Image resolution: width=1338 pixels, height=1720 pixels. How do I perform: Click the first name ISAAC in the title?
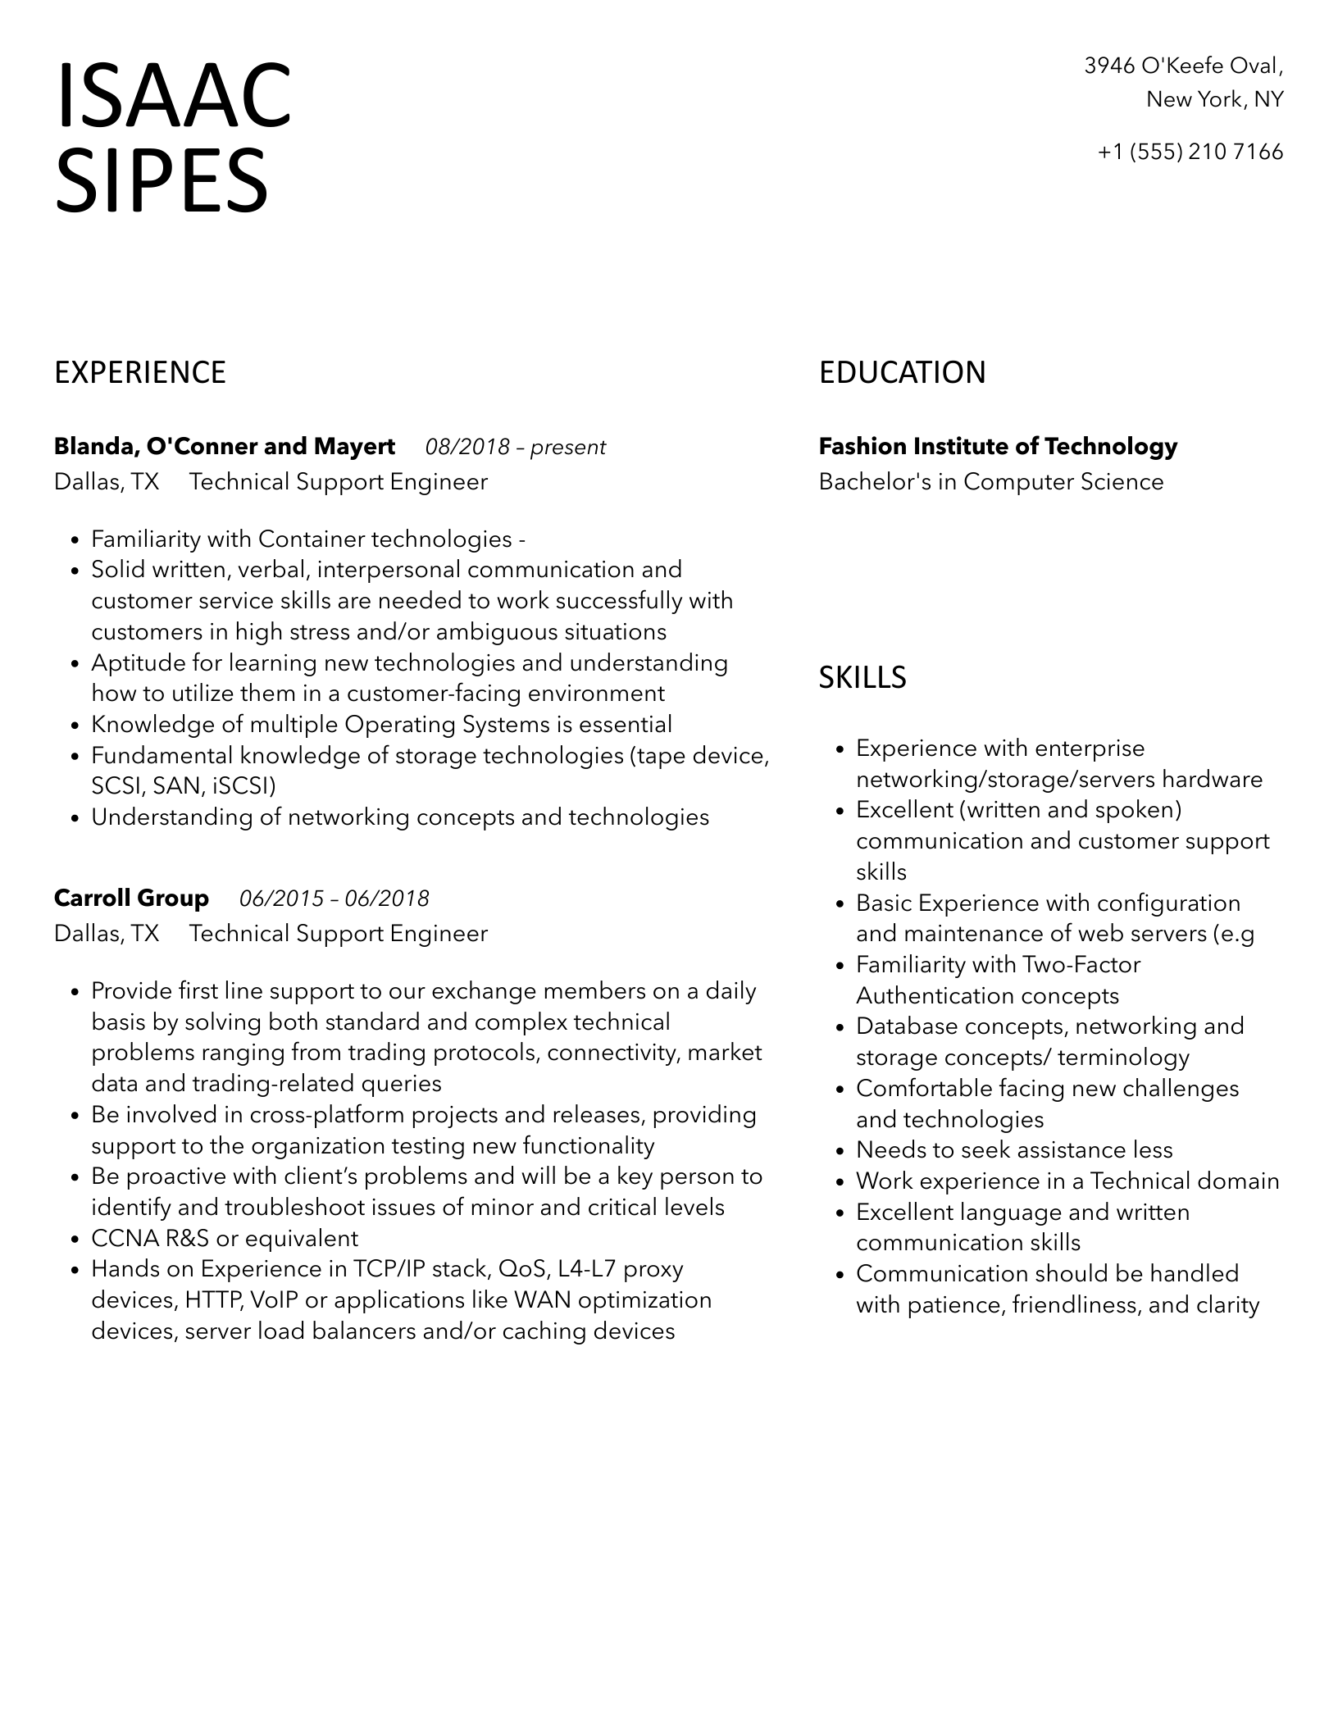tap(173, 97)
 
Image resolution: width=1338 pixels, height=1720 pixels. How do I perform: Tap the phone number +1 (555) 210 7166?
tap(1190, 152)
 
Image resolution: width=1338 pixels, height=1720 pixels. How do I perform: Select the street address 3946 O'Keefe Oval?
tap(1183, 66)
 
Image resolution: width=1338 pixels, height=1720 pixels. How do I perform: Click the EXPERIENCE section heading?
tap(140, 373)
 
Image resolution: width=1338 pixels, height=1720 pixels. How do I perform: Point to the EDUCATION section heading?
tap(902, 373)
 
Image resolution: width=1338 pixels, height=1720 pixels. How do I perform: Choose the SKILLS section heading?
tap(862, 678)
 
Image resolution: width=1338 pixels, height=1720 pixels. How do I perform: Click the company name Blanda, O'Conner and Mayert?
tap(225, 447)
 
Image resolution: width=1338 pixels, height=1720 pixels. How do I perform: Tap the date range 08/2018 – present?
tap(515, 448)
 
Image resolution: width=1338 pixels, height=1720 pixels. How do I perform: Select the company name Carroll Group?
tap(131, 899)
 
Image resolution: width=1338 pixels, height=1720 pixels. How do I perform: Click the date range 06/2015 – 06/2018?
tap(334, 899)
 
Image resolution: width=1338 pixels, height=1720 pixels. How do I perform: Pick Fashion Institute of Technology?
tap(998, 447)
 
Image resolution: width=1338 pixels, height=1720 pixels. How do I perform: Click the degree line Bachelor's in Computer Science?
tap(991, 482)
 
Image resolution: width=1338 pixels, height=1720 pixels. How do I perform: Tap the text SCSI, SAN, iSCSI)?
tap(184, 787)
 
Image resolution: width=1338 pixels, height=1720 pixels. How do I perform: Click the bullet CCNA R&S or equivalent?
tap(225, 1239)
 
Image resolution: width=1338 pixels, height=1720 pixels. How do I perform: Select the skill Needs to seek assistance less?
tap(1014, 1150)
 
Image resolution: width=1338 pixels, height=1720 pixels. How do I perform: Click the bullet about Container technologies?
tap(307, 539)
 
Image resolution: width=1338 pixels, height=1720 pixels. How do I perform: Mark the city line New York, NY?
tap(1214, 100)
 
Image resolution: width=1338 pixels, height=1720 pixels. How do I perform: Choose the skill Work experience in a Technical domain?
tap(1067, 1181)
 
